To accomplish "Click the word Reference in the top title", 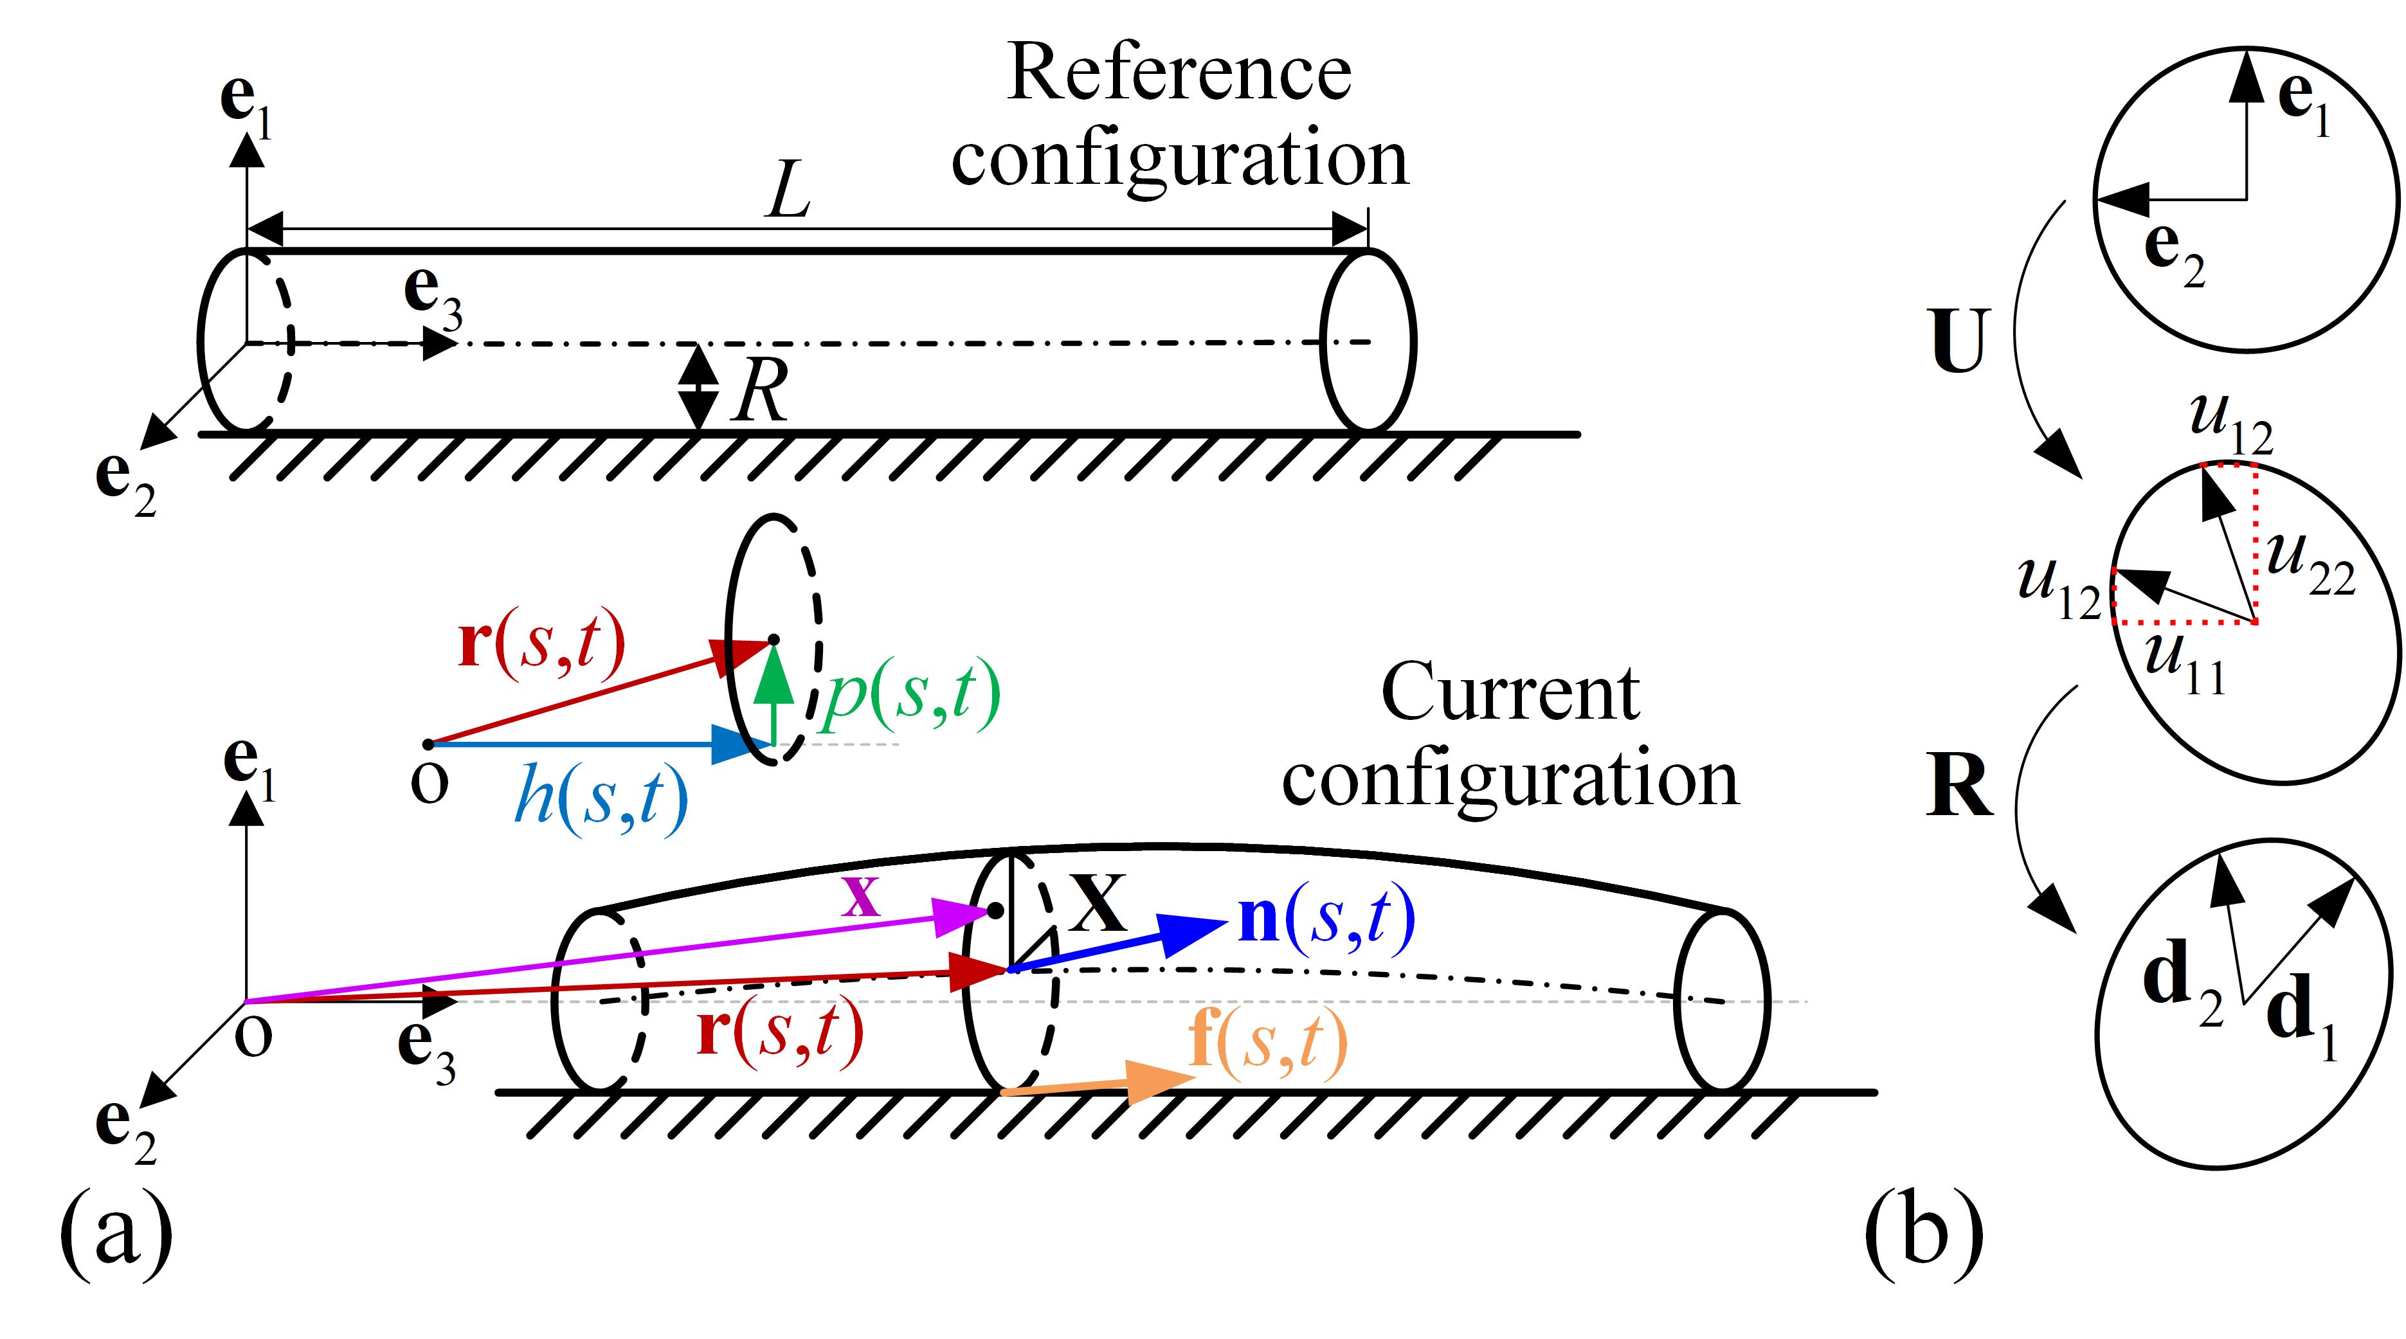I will pos(1179,75).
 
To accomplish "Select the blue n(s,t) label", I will pos(1326,920).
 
